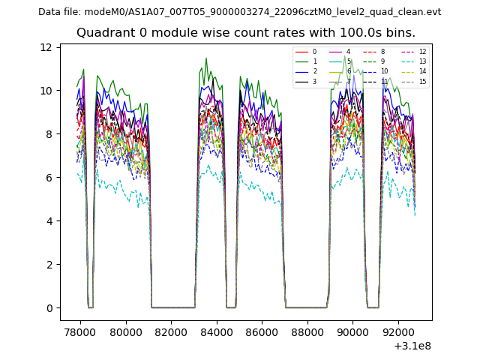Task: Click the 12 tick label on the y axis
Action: click(x=46, y=47)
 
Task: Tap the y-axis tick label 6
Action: click(x=49, y=178)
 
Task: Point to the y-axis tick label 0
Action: click(x=49, y=308)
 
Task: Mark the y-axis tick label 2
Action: click(x=49, y=265)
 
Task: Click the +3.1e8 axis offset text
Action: click(x=412, y=346)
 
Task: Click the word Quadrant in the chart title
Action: click(x=103, y=33)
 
